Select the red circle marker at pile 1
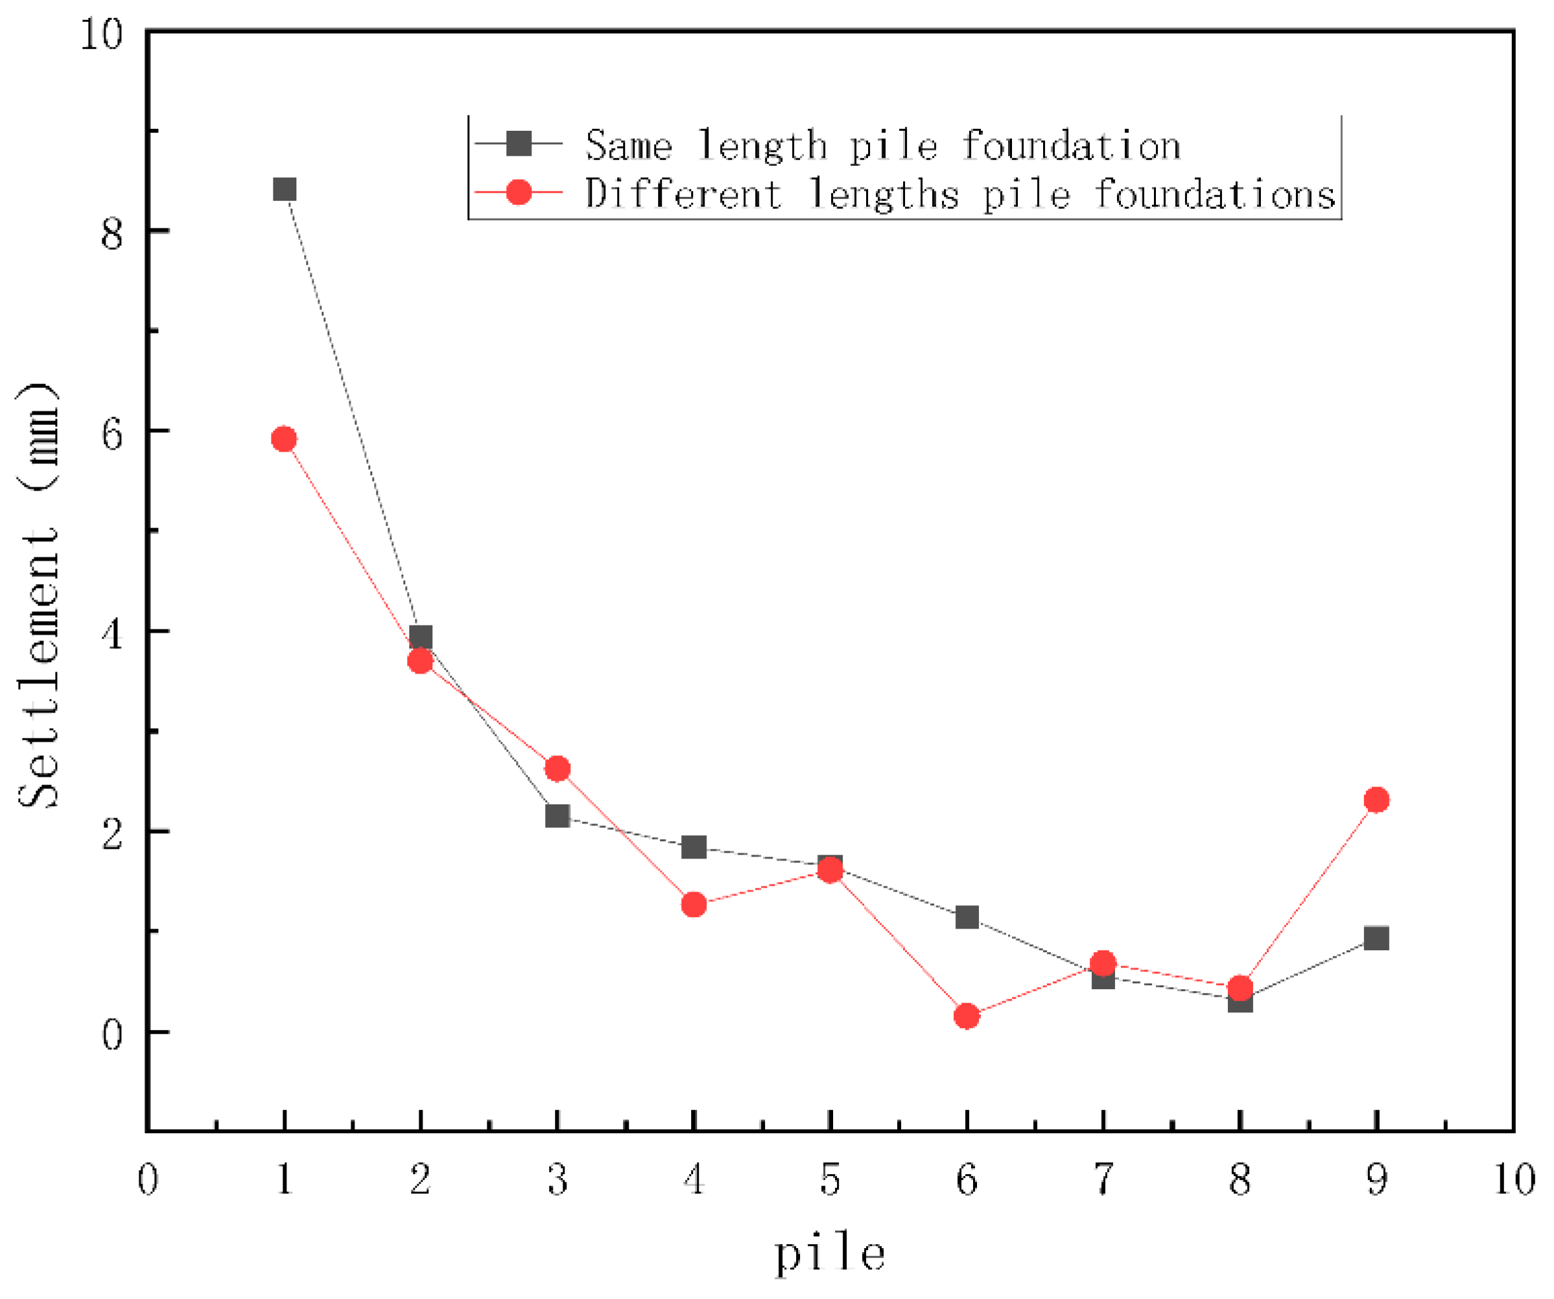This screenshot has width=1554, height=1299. [x=284, y=440]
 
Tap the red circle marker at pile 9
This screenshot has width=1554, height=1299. [x=1376, y=800]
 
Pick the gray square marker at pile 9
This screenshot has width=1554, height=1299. [x=1376, y=938]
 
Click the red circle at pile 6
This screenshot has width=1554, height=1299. [x=967, y=1016]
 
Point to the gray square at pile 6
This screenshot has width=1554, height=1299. [x=967, y=918]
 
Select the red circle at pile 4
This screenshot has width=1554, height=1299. [x=694, y=905]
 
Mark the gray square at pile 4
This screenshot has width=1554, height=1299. [x=694, y=847]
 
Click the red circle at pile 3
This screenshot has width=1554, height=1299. [x=558, y=769]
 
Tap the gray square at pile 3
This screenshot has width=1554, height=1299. [x=558, y=816]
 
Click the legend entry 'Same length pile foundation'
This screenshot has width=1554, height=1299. [x=883, y=145]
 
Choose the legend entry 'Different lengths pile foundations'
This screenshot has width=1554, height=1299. [x=960, y=194]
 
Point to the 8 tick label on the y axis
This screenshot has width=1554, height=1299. [x=112, y=233]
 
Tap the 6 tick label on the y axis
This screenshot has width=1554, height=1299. [x=112, y=434]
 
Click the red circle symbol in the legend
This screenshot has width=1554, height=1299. [x=519, y=192]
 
